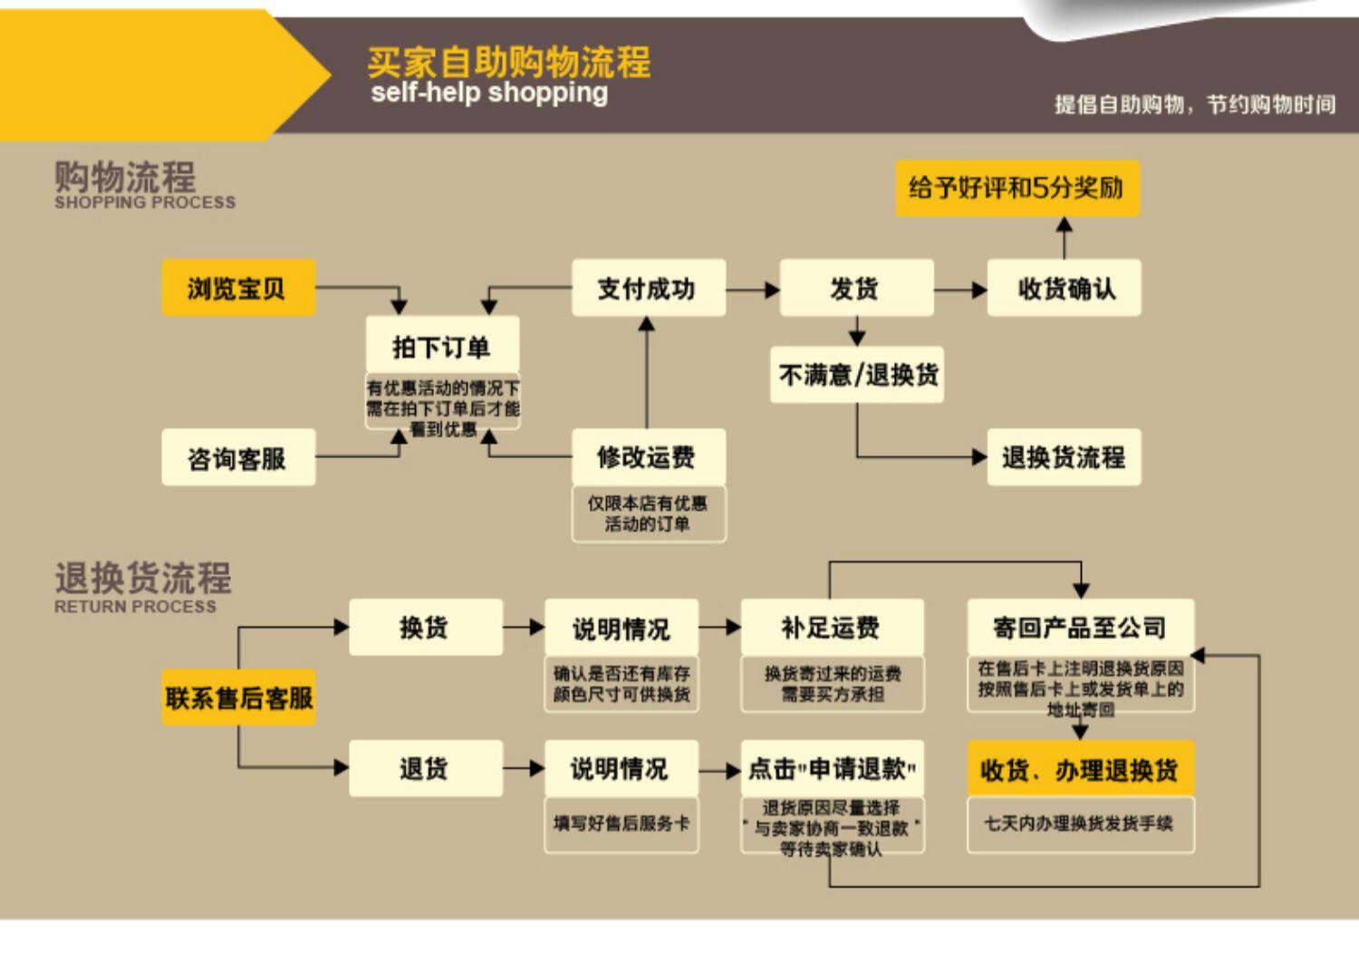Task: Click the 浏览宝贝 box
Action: (238, 288)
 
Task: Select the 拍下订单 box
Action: (442, 346)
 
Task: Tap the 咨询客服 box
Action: (238, 458)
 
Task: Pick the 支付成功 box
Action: (648, 288)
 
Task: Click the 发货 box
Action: (855, 288)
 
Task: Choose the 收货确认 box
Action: (1064, 288)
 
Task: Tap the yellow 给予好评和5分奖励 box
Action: (1017, 188)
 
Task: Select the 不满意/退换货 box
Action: (857, 374)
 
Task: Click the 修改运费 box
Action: (648, 456)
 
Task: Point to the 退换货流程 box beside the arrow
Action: (1064, 456)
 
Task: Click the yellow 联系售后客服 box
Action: (238, 697)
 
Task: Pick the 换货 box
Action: (425, 627)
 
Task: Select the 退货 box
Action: (425, 768)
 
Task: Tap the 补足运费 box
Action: (832, 627)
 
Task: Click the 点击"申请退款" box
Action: (832, 768)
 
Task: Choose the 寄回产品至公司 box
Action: (1080, 627)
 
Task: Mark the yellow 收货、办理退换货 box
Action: (1080, 770)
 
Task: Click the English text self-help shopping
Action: (489, 92)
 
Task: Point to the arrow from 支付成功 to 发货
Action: (752, 290)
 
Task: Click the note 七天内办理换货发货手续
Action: (1080, 823)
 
